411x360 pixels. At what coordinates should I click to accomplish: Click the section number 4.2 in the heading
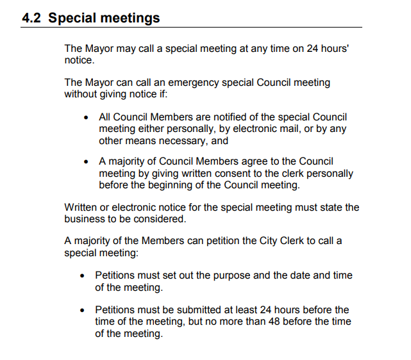pyautogui.click(x=33, y=18)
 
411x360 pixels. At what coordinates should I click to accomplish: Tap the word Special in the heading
pyautogui.click(x=72, y=18)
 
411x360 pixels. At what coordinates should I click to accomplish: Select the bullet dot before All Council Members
pyautogui.click(x=87, y=118)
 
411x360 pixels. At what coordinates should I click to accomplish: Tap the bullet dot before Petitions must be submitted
pyautogui.click(x=83, y=311)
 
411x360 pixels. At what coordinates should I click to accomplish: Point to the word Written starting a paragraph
pyautogui.click(x=81, y=208)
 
